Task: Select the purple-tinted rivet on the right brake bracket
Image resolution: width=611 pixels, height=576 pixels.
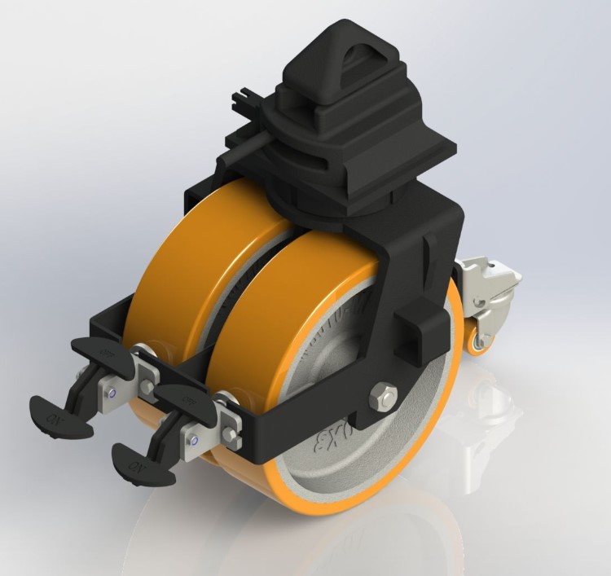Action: click(x=196, y=442)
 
